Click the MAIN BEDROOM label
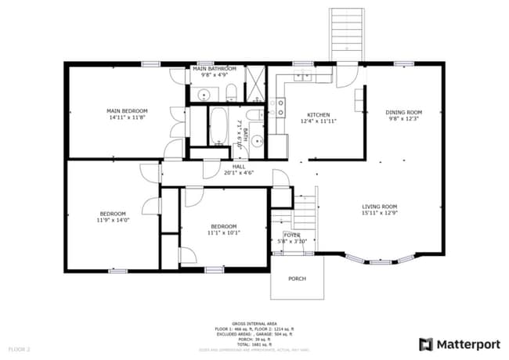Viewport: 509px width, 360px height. pyautogui.click(x=127, y=111)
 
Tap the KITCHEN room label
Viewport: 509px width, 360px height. pyautogui.click(x=318, y=114)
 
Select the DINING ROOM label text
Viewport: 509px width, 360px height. pyautogui.click(x=403, y=112)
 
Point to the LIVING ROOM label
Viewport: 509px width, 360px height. pyautogui.click(x=379, y=207)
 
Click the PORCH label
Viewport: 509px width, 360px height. pyautogui.click(x=297, y=279)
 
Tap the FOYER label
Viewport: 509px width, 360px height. pyautogui.click(x=292, y=234)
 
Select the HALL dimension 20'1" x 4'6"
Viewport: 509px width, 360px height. pyautogui.click(x=239, y=172)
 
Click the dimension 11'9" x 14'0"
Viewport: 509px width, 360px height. pyautogui.click(x=113, y=220)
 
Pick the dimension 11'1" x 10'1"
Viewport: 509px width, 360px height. pyautogui.click(x=223, y=232)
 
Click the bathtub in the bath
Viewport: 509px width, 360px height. pyautogui.click(x=217, y=125)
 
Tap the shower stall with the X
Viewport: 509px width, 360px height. pyautogui.click(x=255, y=85)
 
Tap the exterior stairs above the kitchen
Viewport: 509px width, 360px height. pyautogui.click(x=346, y=35)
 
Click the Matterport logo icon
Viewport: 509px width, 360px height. pyautogui.click(x=425, y=344)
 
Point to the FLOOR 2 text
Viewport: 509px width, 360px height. pyautogui.click(x=20, y=348)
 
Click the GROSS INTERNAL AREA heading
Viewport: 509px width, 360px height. pyautogui.click(x=254, y=322)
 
